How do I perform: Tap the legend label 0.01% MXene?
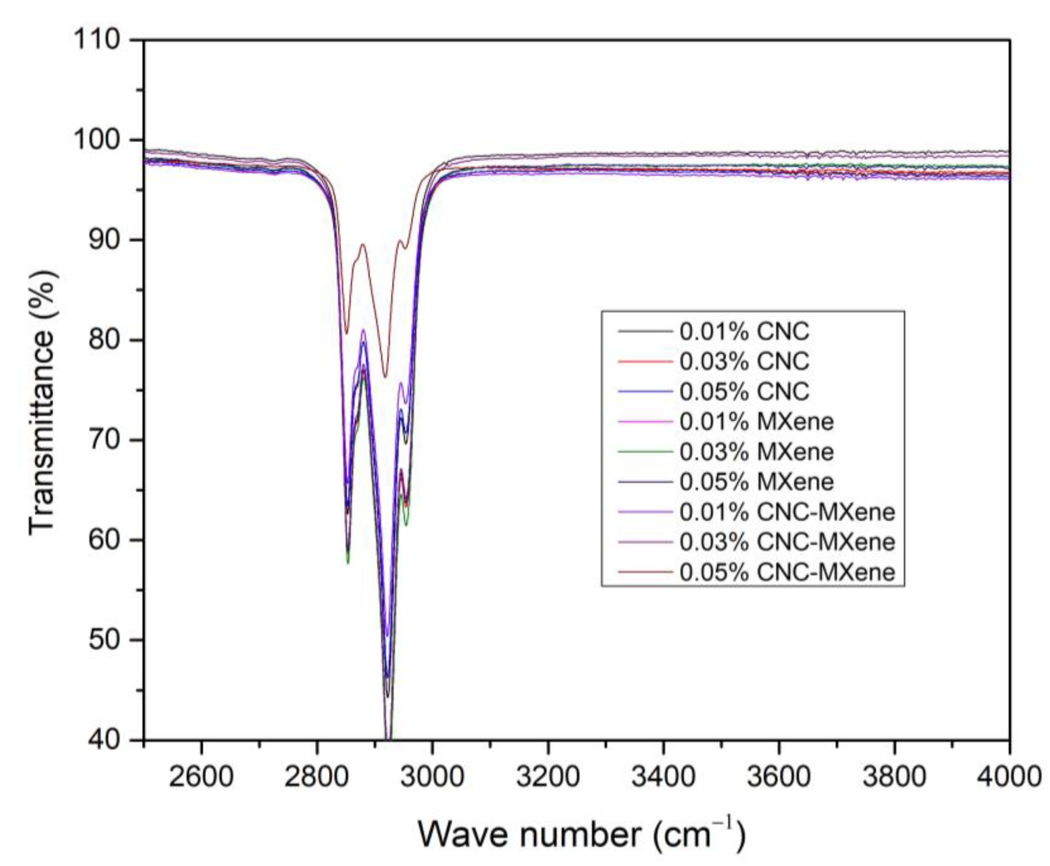click(x=756, y=421)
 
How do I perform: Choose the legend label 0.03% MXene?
click(x=756, y=451)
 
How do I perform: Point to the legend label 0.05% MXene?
click(x=756, y=482)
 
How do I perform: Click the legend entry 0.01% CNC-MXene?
click(x=787, y=512)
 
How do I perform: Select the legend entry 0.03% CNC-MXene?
click(x=787, y=542)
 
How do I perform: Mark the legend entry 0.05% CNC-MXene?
click(x=787, y=572)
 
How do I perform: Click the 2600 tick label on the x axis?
click(x=201, y=776)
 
